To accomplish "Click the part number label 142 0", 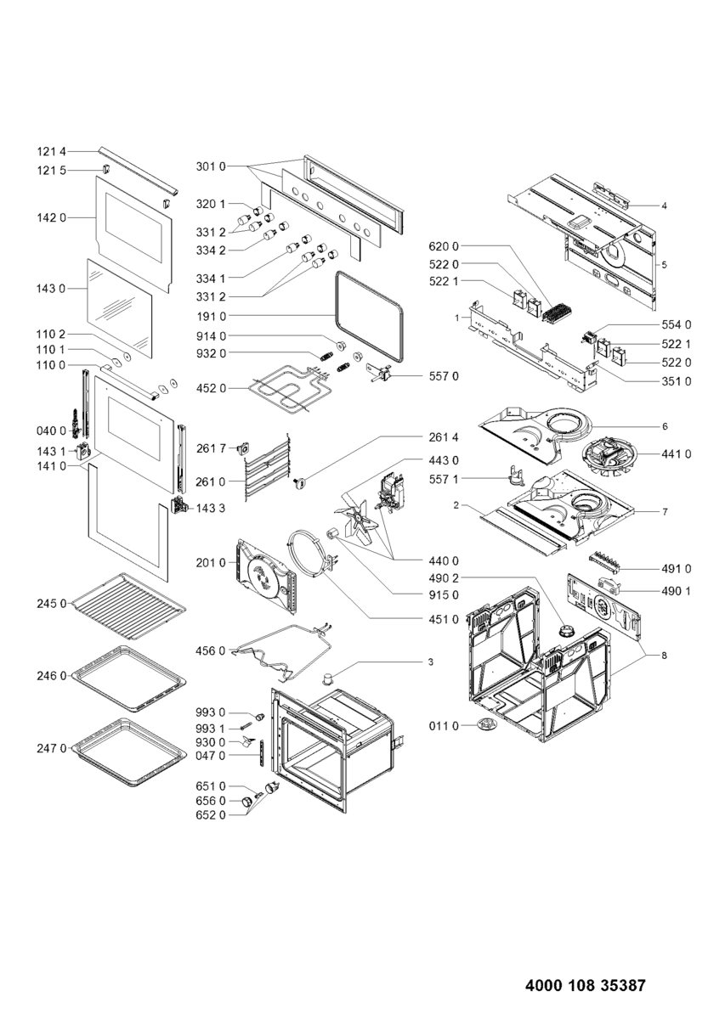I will pyautogui.click(x=51, y=218).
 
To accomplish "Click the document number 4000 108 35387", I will pyautogui.click(x=586, y=986).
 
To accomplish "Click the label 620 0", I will pyautogui.click(x=442, y=247).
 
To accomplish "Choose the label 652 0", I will pyautogui.click(x=210, y=816).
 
